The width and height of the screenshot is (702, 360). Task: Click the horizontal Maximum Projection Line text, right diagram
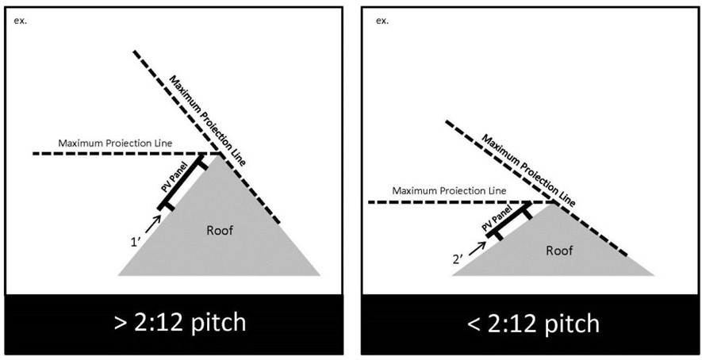tap(449, 191)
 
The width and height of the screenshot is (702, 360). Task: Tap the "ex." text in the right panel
tap(382, 20)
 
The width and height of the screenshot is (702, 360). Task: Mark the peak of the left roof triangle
tap(218, 154)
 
